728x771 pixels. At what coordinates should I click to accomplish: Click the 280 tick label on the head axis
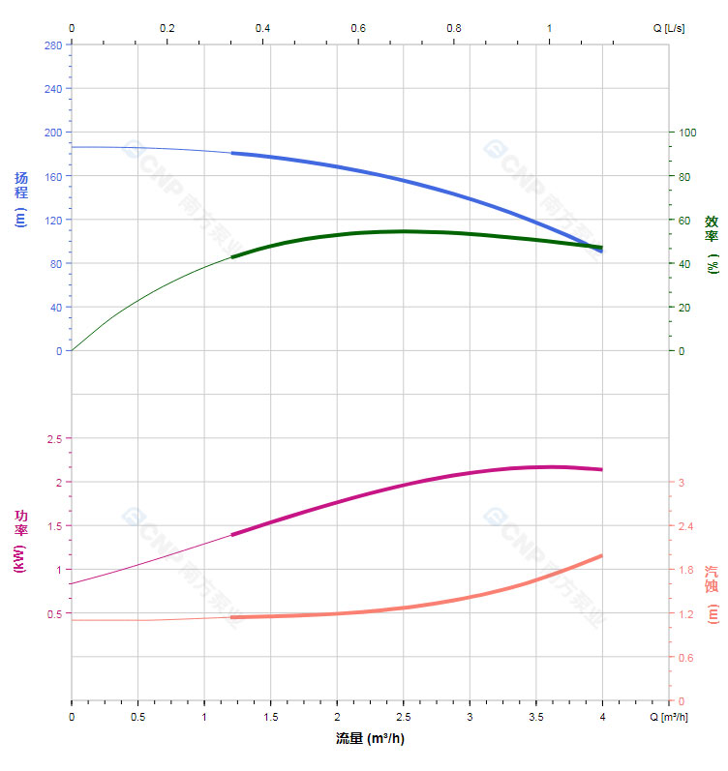pyautogui.click(x=52, y=44)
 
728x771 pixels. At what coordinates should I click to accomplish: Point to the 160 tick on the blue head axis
pyautogui.click(x=52, y=176)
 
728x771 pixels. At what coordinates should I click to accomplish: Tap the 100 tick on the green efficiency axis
pyautogui.click(x=688, y=133)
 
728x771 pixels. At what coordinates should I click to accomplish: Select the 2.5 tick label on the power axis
pyautogui.click(x=54, y=438)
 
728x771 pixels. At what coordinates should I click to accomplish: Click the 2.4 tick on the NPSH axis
pyautogui.click(x=687, y=526)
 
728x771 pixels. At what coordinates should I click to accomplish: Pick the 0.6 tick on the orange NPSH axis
pyautogui.click(x=687, y=658)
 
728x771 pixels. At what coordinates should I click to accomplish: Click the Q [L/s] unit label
pyautogui.click(x=668, y=28)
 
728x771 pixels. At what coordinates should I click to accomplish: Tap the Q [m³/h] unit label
pyautogui.click(x=668, y=717)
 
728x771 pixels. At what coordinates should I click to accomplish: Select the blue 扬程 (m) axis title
pyautogui.click(x=21, y=198)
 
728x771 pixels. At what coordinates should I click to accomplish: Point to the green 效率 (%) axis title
pyautogui.click(x=712, y=243)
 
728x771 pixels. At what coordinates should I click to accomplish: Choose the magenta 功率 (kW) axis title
pyautogui.click(x=21, y=541)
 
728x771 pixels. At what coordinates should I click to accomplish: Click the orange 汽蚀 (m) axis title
pyautogui.click(x=712, y=594)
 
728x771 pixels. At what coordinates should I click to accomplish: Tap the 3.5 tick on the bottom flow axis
pyautogui.click(x=535, y=717)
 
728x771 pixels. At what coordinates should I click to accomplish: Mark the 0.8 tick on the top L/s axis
pyautogui.click(x=454, y=28)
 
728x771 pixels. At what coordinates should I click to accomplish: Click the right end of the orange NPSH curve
pyautogui.click(x=602, y=555)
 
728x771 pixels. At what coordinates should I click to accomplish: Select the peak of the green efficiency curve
pyautogui.click(x=404, y=231)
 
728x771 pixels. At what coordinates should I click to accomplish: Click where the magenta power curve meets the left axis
pyautogui.click(x=72, y=583)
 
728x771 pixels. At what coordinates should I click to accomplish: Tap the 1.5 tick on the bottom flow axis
pyautogui.click(x=270, y=717)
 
